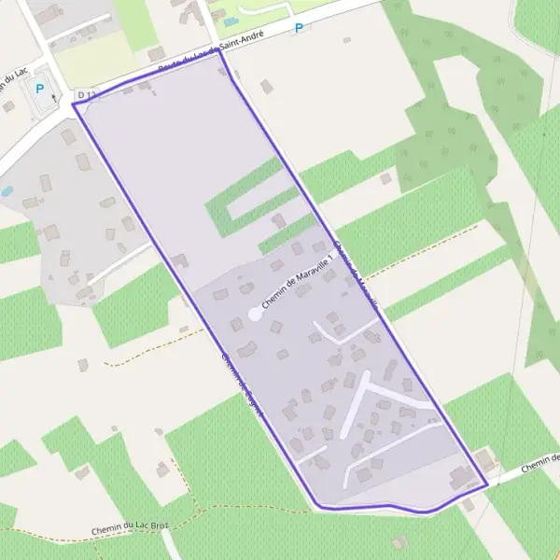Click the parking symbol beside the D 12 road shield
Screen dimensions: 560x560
point(39,90)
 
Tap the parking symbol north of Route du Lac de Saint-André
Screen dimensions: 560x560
point(299,28)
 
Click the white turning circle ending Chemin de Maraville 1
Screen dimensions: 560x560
point(255,315)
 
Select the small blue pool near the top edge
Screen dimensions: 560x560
point(231,21)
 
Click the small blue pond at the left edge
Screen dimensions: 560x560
point(7,190)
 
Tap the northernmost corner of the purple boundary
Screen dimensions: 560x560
point(220,51)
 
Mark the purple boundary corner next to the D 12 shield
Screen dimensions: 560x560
point(74,104)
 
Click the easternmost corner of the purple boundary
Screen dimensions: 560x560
point(486,484)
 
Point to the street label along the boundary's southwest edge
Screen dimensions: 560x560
point(244,383)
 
